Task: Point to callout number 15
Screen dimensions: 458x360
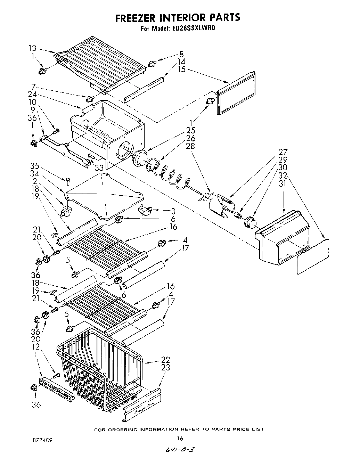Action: [181, 69]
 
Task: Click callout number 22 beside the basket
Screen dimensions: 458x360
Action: [166, 360]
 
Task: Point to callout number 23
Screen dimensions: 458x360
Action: [166, 367]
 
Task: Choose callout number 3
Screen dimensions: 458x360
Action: [173, 211]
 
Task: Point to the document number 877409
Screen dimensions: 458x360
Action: [40, 440]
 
